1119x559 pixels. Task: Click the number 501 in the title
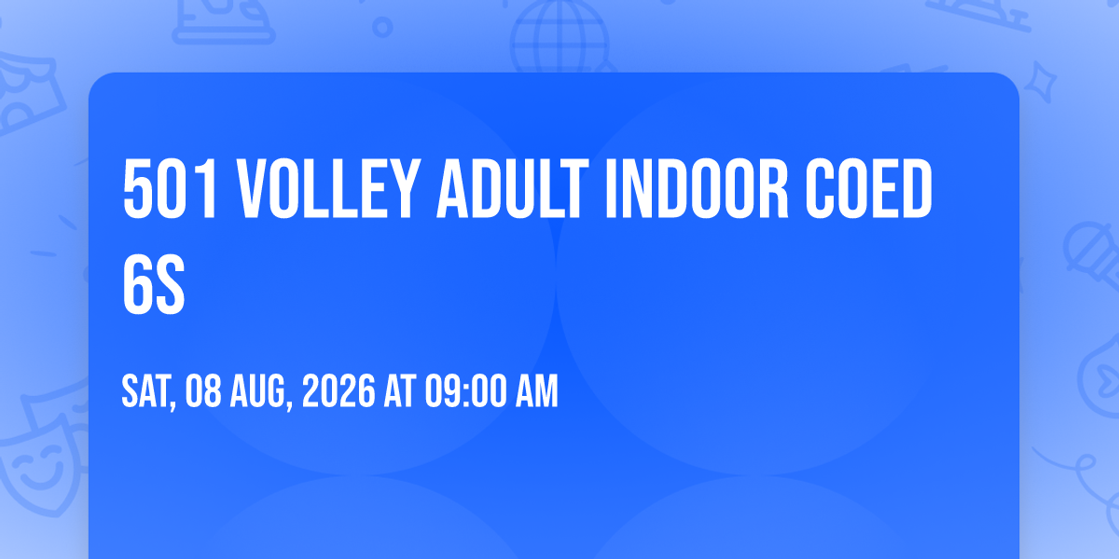170,188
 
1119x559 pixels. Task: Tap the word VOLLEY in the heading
327,188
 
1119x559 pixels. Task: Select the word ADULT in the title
513,188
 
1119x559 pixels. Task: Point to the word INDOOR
698,188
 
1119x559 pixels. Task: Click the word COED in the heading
869,188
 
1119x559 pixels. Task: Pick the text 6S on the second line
154,284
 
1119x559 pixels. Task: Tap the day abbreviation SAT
148,392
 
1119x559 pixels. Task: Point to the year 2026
338,391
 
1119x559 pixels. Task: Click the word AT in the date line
400,391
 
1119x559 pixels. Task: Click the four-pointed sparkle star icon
1041,82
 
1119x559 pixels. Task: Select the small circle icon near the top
382,27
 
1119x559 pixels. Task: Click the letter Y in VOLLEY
402,188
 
